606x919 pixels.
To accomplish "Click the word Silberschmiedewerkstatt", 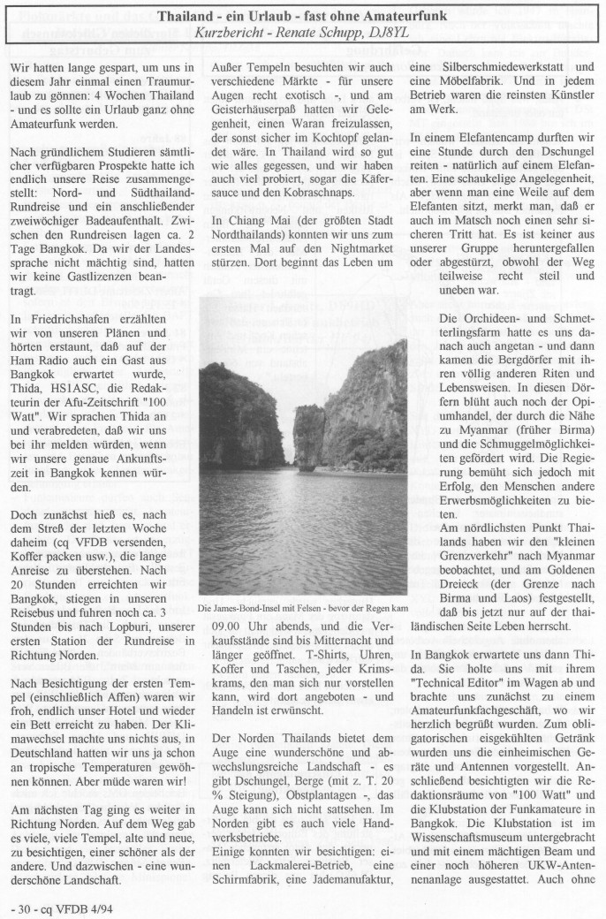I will (484, 66).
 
